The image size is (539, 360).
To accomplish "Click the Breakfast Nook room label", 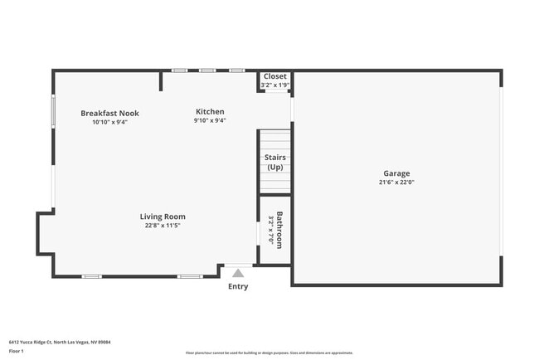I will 109,113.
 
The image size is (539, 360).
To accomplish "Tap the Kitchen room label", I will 210,112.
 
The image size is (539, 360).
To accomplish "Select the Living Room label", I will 162,216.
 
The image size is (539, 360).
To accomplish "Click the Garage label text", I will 396,173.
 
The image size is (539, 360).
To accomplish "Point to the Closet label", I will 275,76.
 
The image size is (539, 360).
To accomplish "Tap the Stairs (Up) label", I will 275,162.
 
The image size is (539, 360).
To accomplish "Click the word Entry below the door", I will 238,287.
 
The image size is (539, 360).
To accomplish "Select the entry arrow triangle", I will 238,272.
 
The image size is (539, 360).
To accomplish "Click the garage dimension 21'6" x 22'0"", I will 396,182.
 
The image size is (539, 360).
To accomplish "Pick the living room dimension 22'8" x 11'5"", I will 162,225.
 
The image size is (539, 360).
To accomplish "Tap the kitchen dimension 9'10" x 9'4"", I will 210,121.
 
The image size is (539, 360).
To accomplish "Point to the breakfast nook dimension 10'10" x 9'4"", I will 109,122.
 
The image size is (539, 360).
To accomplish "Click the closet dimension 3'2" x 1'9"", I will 275,85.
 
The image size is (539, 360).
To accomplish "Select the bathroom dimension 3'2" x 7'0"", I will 271,230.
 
